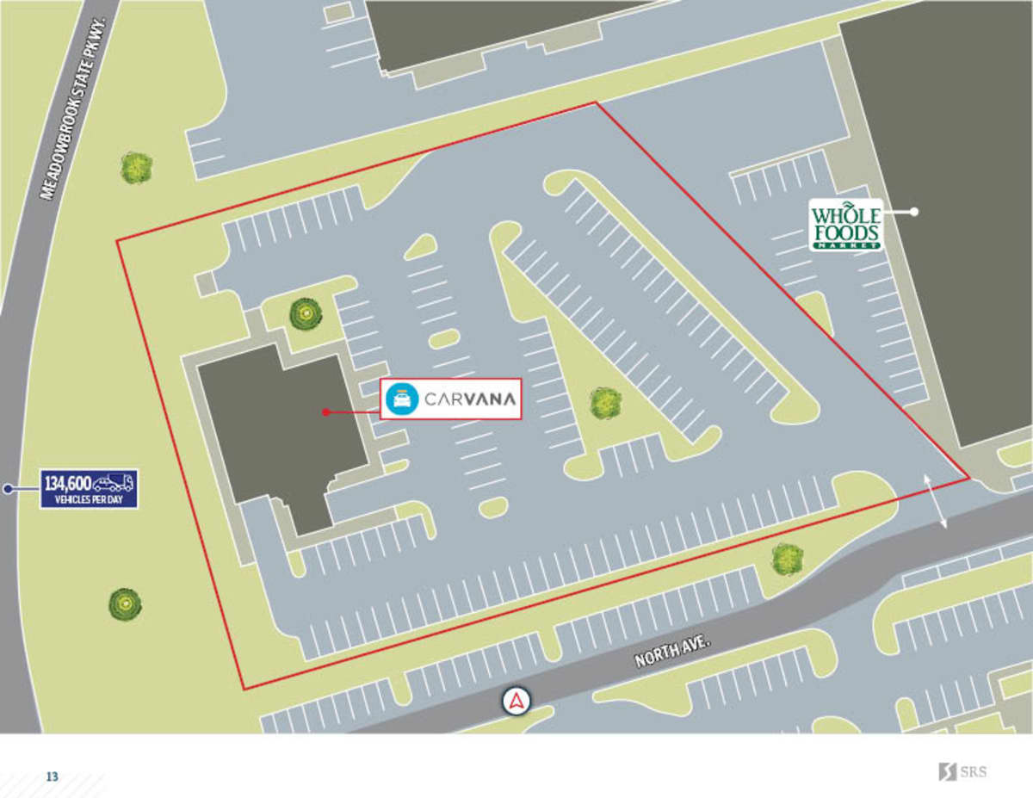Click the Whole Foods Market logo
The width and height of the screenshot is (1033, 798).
[846, 225]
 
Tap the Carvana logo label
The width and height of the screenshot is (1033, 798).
[451, 399]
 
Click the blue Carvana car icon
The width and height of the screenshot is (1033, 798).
[402, 399]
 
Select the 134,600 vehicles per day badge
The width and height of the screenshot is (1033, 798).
[89, 488]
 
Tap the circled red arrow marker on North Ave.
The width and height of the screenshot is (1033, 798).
[516, 702]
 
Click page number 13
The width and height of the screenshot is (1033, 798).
[53, 776]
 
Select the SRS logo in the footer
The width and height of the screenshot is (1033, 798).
[962, 771]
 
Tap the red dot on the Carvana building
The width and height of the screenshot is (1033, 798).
[325, 412]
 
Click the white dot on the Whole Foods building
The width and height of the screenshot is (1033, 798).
[915, 211]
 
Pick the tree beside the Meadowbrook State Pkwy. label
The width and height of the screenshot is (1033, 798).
[136, 167]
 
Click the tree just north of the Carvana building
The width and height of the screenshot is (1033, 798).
[306, 313]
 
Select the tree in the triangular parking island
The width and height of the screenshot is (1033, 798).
[605, 402]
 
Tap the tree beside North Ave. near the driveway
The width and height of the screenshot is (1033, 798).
[787, 559]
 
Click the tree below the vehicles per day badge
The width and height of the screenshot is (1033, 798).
[125, 604]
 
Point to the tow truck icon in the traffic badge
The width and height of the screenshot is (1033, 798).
[114, 482]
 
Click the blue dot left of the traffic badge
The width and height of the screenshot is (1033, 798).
[8, 489]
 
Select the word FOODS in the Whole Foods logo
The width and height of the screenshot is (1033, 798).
[846, 233]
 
